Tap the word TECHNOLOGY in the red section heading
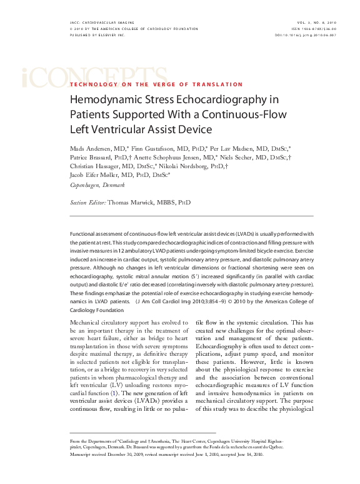pyautogui.click(x=92, y=84)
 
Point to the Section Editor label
pyautogui.click(x=87, y=203)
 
